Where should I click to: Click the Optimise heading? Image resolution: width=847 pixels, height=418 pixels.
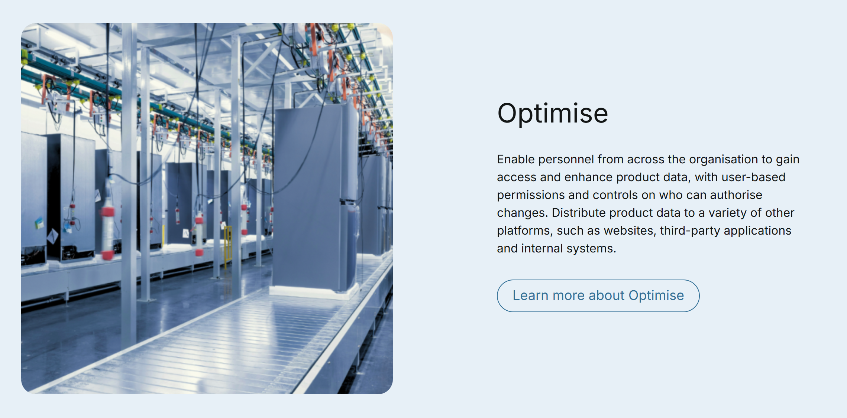553,114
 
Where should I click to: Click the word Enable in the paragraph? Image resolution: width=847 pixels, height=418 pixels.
516,159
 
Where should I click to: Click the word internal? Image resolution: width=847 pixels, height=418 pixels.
542,248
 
